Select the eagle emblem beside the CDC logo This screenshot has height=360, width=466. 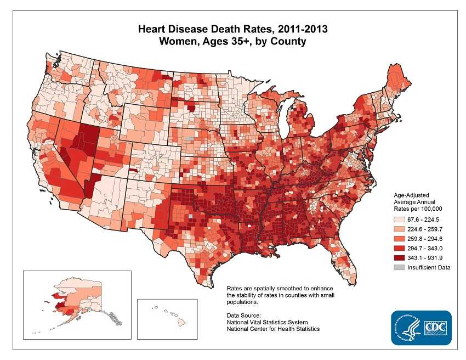406,328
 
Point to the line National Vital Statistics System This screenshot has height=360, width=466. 267,322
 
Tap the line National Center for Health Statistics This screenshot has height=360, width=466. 273,329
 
